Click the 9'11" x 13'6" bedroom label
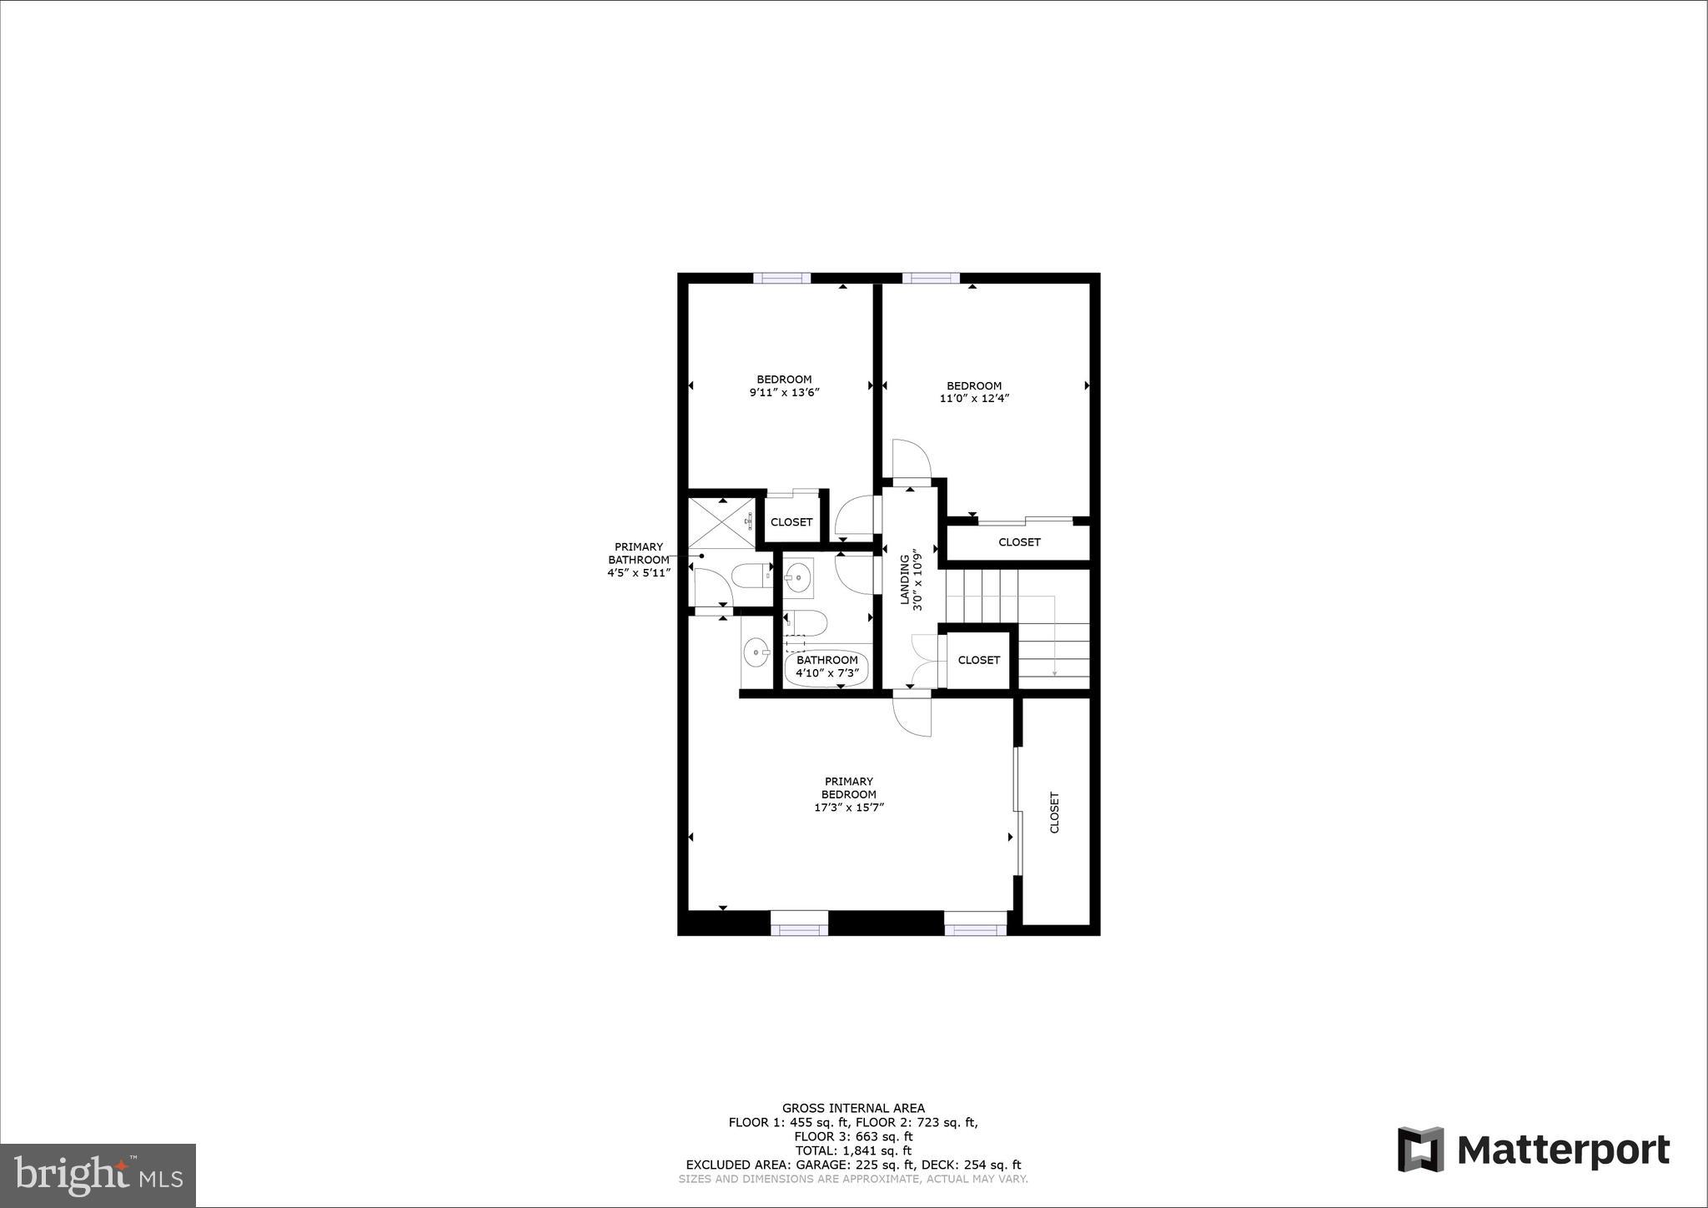coord(784,385)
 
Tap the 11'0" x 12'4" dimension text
coord(974,399)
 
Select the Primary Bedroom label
coord(849,794)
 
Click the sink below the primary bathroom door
coord(756,651)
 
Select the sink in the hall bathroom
coord(798,576)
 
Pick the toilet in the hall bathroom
coord(806,622)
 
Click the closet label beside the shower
coord(791,522)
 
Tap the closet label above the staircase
coord(1019,542)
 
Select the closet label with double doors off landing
coord(978,660)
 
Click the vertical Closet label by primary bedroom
coord(1054,812)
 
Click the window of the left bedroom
coord(782,278)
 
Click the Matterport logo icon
coord(1420,1149)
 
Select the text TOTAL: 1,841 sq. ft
coord(852,1150)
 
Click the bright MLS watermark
coord(98,1176)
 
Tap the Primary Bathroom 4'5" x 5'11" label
coord(639,560)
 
